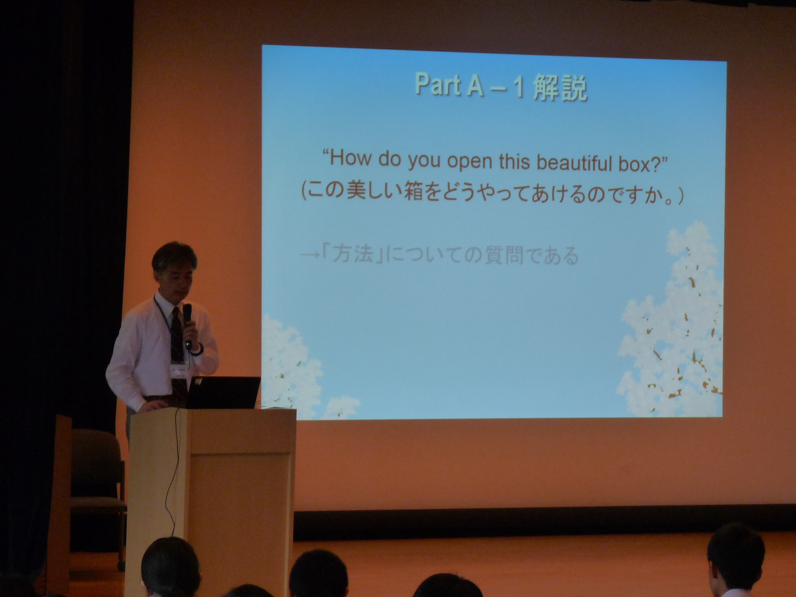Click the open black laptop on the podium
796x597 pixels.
coord(222,392)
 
